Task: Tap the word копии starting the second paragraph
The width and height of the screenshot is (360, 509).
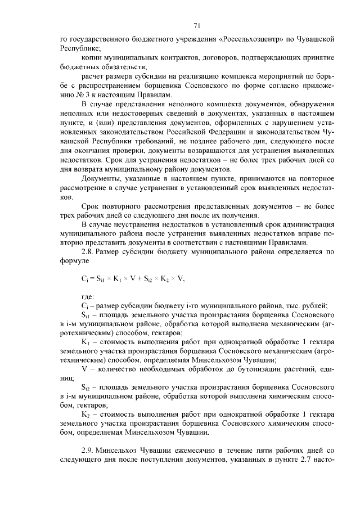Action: point(91,57)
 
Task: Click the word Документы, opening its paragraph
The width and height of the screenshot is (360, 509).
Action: point(102,177)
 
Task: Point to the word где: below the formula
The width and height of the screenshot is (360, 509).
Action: point(88,296)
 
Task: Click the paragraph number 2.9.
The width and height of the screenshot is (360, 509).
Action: point(88,451)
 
